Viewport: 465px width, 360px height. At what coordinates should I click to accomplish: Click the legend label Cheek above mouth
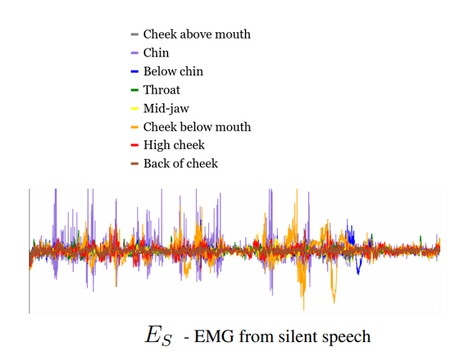tap(197, 34)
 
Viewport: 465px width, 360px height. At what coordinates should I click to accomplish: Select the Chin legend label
tap(156, 53)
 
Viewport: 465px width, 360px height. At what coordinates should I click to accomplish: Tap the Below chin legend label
tap(173, 72)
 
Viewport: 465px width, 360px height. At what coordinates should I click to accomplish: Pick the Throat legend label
tap(162, 90)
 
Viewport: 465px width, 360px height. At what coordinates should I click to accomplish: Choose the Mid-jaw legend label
tap(167, 109)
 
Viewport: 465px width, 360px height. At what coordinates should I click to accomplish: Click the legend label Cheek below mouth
tap(197, 127)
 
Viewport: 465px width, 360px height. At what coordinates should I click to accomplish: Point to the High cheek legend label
tap(174, 145)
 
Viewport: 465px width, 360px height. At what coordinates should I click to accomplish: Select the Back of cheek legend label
tap(180, 164)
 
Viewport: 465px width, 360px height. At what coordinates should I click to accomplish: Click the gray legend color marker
tap(134, 34)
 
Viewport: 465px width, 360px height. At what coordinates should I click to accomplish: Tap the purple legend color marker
tap(134, 53)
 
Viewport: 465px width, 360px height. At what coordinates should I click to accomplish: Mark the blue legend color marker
tap(134, 72)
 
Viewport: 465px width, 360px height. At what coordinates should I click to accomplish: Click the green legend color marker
tap(134, 90)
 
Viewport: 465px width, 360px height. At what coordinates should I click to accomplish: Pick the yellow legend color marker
tap(134, 109)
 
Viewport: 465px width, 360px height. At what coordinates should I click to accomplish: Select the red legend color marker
tap(134, 145)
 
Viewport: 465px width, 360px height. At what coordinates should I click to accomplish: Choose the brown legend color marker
tap(134, 164)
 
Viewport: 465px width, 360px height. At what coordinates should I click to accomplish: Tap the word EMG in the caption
tap(212, 336)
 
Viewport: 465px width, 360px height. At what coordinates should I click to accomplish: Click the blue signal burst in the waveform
tap(351, 236)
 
